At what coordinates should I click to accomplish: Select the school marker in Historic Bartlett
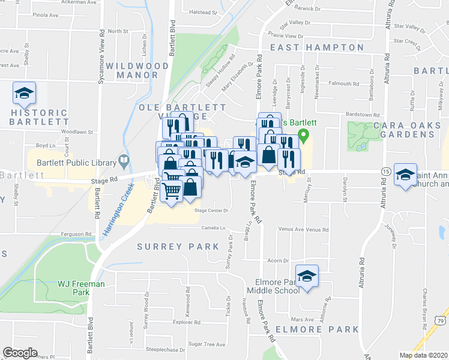click(x=24, y=94)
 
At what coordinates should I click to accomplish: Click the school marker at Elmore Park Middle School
click(x=307, y=276)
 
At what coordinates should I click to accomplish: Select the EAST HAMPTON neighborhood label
click(x=316, y=47)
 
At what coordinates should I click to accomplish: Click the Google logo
click(x=20, y=353)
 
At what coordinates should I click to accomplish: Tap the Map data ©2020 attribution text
click(x=424, y=355)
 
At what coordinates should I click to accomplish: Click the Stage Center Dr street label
click(x=212, y=211)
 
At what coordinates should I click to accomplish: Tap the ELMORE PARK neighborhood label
click(x=317, y=329)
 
